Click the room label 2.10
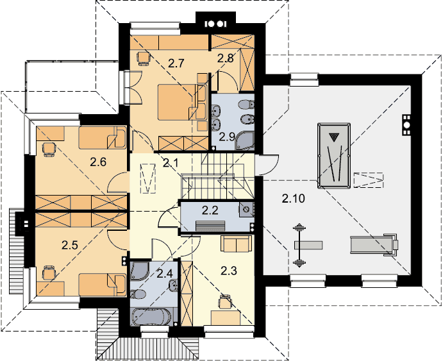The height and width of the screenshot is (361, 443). [x=293, y=199]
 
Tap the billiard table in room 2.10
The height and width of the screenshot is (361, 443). [x=334, y=156]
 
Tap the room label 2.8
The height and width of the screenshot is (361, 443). [x=226, y=58]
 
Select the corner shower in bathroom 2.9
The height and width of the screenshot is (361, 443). [x=245, y=140]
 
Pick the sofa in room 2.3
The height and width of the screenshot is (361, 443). [x=236, y=243]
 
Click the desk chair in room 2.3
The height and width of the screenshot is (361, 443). [x=225, y=301]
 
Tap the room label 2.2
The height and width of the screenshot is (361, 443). [x=210, y=210]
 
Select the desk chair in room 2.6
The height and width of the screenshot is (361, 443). [x=48, y=149]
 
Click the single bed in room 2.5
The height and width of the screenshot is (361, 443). [x=103, y=285]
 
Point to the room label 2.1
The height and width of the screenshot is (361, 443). [x=171, y=163]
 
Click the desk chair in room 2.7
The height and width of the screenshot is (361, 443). [x=144, y=58]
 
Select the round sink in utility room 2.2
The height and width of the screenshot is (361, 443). [x=246, y=209]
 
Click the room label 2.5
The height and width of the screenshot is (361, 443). [x=70, y=245]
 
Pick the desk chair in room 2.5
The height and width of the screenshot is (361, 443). [x=49, y=272]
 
